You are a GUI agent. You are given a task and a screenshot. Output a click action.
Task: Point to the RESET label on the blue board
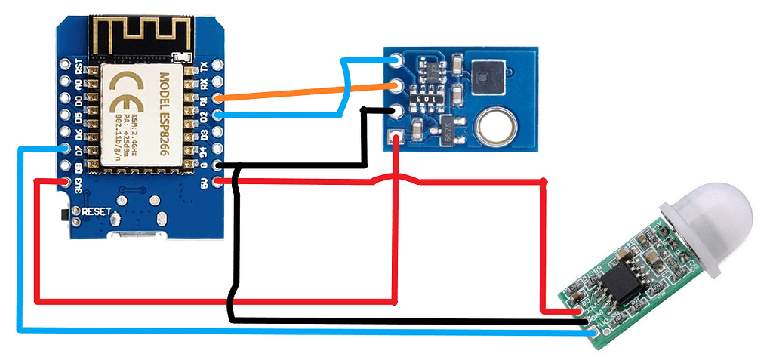pyautogui.click(x=97, y=211)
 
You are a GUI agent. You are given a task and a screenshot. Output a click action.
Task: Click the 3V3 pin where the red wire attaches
pyautogui.click(x=65, y=181)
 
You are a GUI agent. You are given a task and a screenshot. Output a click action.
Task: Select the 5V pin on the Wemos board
pyautogui.click(x=218, y=181)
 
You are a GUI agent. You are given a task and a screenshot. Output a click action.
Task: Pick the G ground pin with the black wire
pyautogui.click(x=218, y=165)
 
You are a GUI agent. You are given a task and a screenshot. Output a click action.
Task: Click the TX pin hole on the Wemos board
pyautogui.click(x=218, y=65)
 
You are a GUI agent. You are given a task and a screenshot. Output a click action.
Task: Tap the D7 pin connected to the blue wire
pyautogui.click(x=65, y=148)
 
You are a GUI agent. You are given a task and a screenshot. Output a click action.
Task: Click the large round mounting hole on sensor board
pyautogui.click(x=496, y=125)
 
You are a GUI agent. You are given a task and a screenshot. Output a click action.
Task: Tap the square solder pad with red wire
pyautogui.click(x=396, y=137)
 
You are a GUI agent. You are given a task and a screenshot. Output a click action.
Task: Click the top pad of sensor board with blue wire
pyautogui.click(x=396, y=60)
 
